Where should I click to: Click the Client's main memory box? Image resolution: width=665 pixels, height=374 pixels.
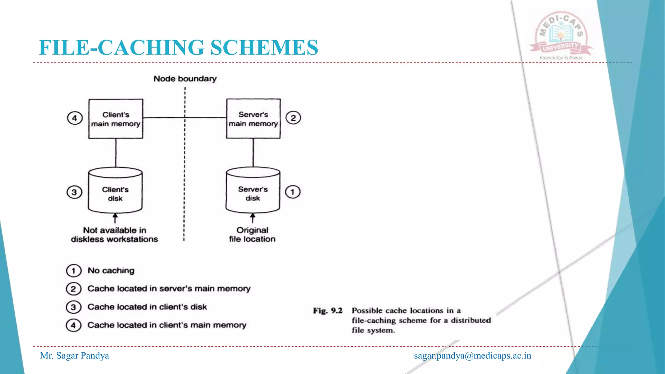click(116, 119)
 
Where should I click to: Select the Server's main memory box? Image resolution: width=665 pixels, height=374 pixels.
click(253, 119)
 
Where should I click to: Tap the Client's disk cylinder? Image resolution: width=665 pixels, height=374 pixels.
click(115, 192)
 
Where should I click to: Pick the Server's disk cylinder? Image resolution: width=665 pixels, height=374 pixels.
click(253, 192)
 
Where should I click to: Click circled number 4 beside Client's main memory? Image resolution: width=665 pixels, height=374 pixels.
click(75, 118)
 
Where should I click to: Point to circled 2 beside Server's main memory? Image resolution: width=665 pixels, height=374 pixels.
click(293, 118)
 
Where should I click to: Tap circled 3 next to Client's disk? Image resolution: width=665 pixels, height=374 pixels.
click(74, 192)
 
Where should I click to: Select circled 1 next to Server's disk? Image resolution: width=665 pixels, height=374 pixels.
click(293, 192)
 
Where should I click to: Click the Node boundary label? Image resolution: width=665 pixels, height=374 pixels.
click(185, 79)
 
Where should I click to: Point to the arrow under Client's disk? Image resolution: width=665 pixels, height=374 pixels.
click(115, 218)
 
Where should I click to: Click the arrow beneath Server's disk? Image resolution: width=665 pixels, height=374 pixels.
click(253, 218)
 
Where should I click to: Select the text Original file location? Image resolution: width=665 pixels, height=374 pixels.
click(252, 234)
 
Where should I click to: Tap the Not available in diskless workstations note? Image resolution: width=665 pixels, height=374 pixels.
click(115, 235)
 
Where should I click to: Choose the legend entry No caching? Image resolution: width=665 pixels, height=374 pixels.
click(111, 270)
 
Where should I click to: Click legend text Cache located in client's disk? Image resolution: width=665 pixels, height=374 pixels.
click(147, 307)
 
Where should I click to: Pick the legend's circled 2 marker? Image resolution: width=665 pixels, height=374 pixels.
click(73, 289)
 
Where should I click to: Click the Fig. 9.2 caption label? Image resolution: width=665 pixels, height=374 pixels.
click(328, 311)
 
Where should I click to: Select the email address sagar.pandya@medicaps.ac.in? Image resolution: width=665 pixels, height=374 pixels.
click(472, 356)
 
